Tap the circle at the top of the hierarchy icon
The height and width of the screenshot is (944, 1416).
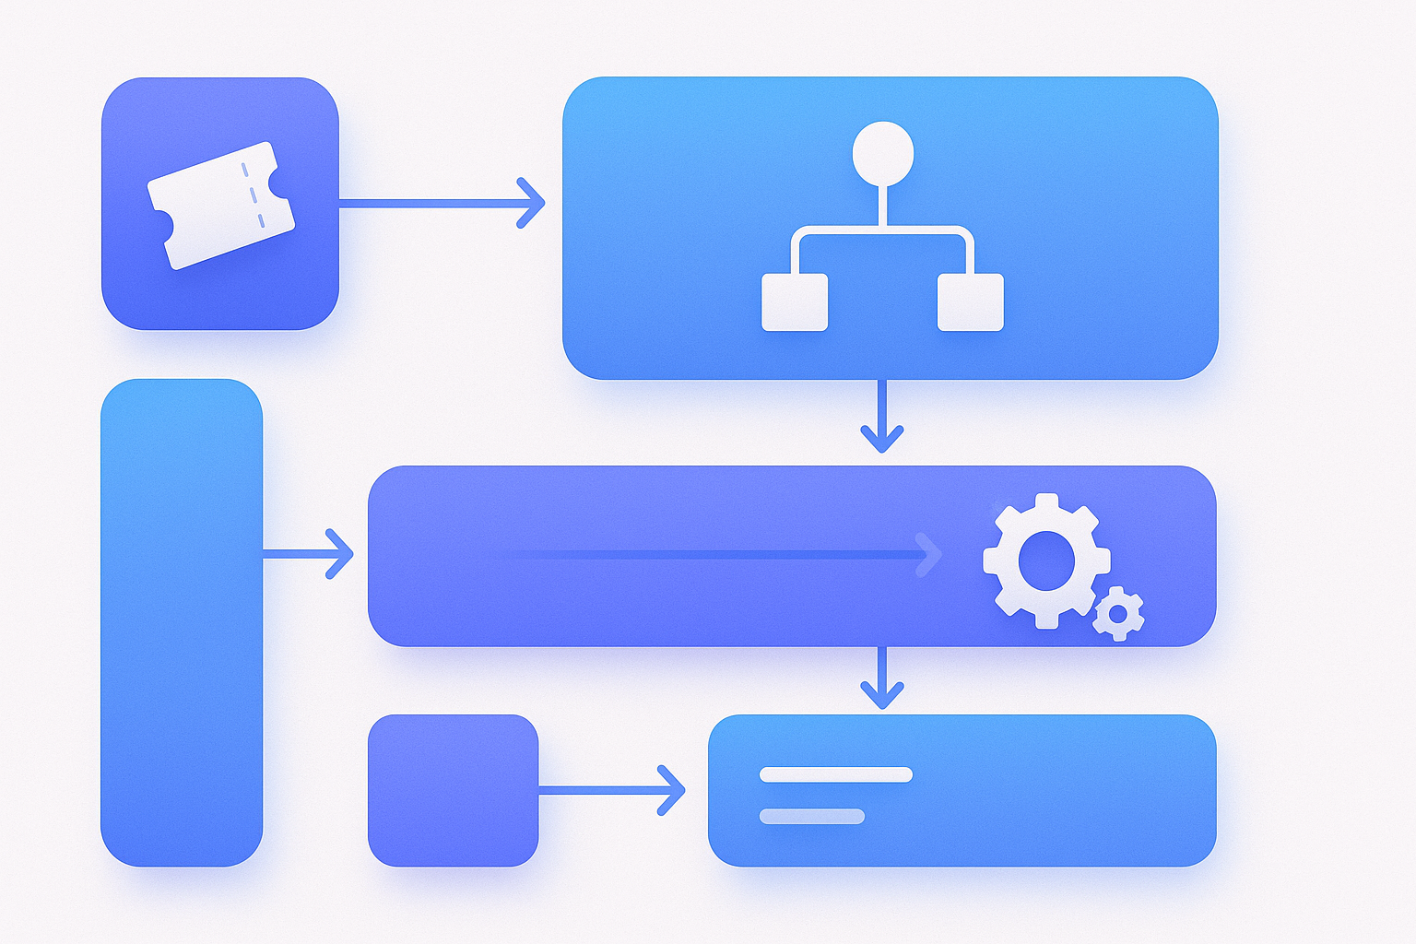tap(883, 152)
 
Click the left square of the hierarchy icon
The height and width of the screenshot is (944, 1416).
tap(795, 301)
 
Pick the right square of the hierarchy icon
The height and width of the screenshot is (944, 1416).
tap(970, 301)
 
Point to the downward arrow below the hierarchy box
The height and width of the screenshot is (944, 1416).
tap(882, 416)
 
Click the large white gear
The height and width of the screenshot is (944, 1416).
tap(1046, 560)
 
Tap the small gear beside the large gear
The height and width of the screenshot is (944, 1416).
tap(1118, 613)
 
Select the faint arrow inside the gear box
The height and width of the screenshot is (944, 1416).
tap(719, 555)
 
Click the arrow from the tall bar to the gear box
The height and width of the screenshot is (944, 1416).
tap(308, 554)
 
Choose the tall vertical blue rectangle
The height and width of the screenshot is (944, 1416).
tap(182, 622)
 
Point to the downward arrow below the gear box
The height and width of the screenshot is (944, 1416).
tap(882, 678)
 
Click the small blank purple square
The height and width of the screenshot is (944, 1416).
tap(453, 790)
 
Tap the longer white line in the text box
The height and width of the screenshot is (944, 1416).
tap(835, 774)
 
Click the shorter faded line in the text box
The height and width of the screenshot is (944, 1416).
tap(811, 816)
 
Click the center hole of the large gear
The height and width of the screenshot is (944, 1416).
tap(1046, 560)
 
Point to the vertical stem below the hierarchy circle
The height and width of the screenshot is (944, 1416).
tap(883, 205)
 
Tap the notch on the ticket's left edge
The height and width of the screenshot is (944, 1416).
tap(162, 224)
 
